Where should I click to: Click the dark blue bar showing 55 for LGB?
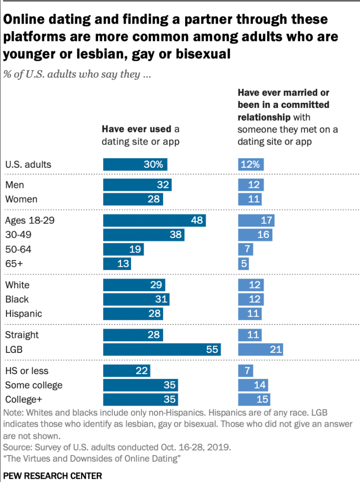[x=162, y=350]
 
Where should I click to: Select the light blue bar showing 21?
[x=261, y=350]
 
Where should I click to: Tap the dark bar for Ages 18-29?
[x=155, y=221]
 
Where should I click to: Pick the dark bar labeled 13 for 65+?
[x=117, y=263]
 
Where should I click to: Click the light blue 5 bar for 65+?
[x=244, y=263]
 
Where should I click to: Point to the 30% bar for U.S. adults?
[x=135, y=164]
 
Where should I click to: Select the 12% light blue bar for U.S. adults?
[x=251, y=164]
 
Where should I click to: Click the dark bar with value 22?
[x=127, y=371]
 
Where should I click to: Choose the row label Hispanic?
[x=24, y=314]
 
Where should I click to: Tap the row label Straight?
[x=22, y=335]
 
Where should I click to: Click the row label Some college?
[x=33, y=385]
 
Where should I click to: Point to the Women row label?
[x=21, y=199]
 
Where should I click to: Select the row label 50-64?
[x=18, y=249]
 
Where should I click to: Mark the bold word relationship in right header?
[x=264, y=116]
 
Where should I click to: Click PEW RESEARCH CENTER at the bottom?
[x=53, y=476]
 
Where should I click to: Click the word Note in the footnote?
[x=13, y=413]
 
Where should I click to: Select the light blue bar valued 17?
[x=256, y=221]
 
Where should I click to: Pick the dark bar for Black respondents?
[x=136, y=299]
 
